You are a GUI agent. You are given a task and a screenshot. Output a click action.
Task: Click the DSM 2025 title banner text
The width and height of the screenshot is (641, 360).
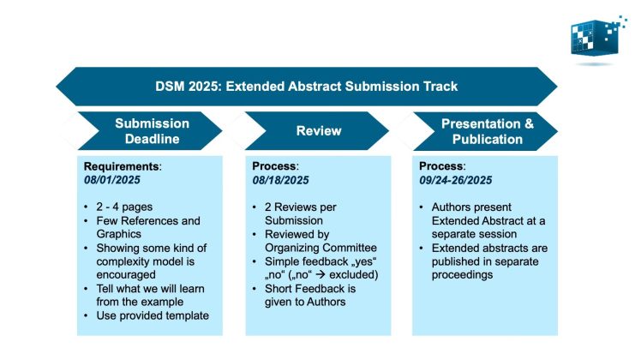[307, 86]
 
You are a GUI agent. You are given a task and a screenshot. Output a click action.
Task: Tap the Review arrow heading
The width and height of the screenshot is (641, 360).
[319, 131]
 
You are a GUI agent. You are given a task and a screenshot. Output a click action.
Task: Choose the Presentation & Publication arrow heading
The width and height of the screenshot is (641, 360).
[487, 130]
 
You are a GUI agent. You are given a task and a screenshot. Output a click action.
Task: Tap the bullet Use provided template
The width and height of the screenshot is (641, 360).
[151, 316]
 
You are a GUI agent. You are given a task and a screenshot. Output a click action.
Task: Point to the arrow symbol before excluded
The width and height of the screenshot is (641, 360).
[332, 275]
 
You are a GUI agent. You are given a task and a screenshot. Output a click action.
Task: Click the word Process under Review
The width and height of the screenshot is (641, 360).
[275, 165]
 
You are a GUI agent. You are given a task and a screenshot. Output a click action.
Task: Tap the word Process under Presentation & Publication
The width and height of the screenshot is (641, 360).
[441, 165]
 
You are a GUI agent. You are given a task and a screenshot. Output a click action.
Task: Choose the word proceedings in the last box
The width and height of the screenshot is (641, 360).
[470, 275]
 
